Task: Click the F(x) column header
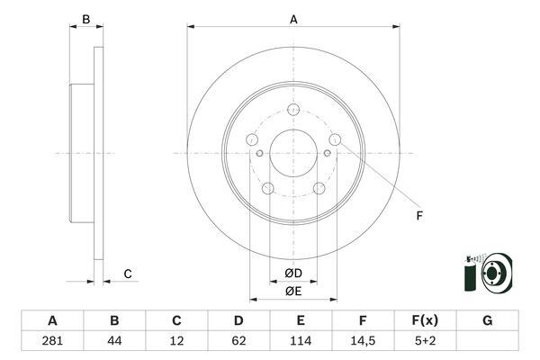(425, 321)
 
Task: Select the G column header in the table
(487, 321)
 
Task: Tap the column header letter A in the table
(52, 321)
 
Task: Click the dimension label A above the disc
(293, 18)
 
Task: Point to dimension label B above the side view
(86, 18)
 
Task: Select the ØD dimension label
(293, 273)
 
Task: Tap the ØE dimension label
(293, 291)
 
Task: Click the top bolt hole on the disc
(293, 111)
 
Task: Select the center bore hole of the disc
(293, 153)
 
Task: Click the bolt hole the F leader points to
(335, 139)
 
